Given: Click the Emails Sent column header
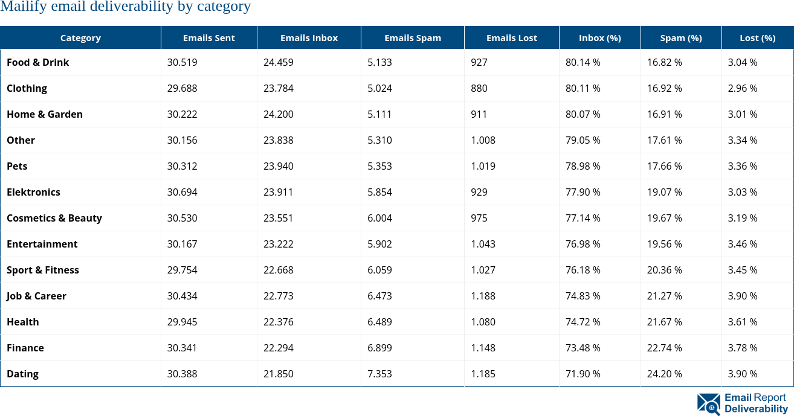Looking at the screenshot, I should tap(208, 38).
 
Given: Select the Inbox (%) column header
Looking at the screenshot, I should tap(599, 38).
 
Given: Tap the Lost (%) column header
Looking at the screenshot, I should tap(757, 38).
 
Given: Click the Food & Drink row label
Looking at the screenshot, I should tap(37, 62).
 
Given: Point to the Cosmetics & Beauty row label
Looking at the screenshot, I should tap(54, 218).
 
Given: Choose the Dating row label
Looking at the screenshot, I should tap(22, 374).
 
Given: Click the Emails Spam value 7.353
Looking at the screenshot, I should tap(379, 374).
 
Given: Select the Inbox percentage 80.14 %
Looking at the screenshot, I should tap(583, 62).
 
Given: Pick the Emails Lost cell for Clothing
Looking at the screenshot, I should tap(479, 88).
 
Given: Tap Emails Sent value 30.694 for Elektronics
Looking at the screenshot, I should tap(182, 192).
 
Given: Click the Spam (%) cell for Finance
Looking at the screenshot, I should tap(664, 348).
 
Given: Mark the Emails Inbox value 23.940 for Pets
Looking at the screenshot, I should tap(278, 166).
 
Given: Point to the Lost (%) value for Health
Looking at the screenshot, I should tap(742, 322).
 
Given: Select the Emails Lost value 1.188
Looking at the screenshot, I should tap(483, 296).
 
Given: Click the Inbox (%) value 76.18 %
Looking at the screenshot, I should tap(583, 270).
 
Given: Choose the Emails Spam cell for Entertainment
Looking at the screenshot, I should tap(379, 244).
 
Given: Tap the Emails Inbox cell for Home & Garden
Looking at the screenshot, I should tap(278, 114).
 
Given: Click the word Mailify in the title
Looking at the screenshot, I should tap(19, 7).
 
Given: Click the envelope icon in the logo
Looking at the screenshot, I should tap(709, 404).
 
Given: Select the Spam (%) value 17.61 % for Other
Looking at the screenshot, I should tap(664, 140).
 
